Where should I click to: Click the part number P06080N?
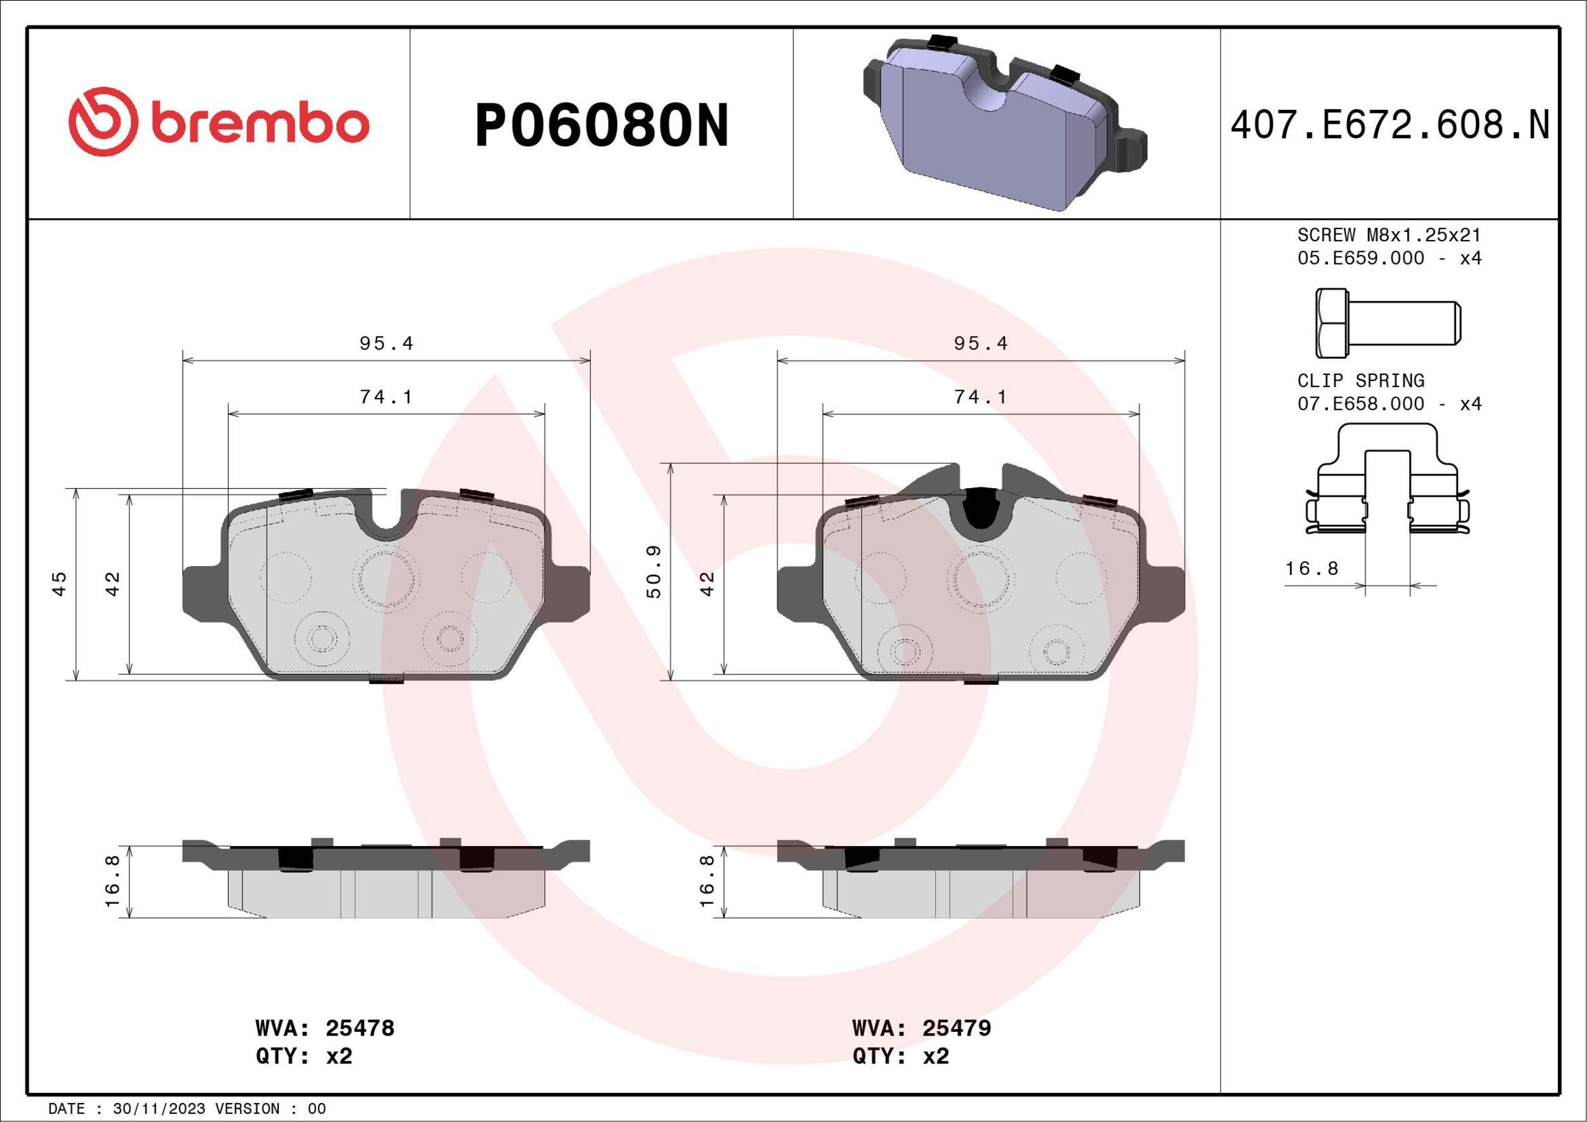[601, 126]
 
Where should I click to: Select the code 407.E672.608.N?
[1390, 126]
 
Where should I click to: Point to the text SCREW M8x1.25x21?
[1389, 235]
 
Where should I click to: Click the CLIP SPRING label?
[1360, 381]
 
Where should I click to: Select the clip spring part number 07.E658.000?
[1360, 404]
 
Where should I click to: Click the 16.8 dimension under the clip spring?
[1311, 569]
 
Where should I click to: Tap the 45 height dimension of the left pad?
[60, 583]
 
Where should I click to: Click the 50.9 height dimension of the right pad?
[654, 571]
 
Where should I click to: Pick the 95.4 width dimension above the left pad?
[386, 343]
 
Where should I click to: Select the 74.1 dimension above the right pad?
[980, 397]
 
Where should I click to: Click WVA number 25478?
[359, 1028]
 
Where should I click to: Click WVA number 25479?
[956, 1028]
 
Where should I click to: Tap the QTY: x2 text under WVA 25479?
[901, 1057]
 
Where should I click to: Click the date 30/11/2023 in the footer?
[158, 1109]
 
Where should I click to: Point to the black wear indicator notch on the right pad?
[979, 511]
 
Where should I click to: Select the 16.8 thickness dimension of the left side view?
[112, 881]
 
